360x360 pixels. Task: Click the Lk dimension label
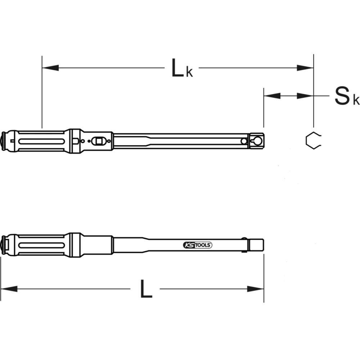tap(181, 68)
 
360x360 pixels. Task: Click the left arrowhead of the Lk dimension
tap(50, 68)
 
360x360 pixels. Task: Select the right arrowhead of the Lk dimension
tap(305, 68)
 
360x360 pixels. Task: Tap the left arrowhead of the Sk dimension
tap(272, 96)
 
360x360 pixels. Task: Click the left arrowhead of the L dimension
tap(9, 289)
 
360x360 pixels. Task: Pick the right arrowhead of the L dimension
tap(255, 289)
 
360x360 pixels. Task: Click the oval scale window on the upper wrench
tap(97, 141)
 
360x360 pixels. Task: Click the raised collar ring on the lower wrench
tap(74, 245)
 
